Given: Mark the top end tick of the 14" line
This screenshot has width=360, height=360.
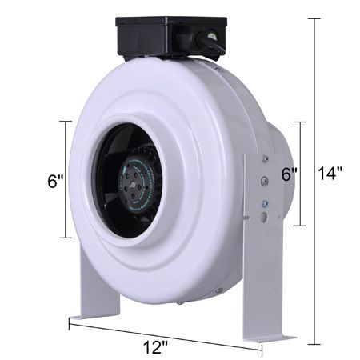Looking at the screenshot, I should [x=314, y=18].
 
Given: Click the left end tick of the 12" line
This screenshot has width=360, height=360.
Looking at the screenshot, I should [x=70, y=322].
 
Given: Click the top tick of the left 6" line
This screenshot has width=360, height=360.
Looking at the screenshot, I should [x=66, y=122].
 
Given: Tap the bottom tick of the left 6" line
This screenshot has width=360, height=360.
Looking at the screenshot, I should [x=66, y=238].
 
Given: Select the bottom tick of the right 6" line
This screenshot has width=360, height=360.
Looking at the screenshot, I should [x=300, y=226].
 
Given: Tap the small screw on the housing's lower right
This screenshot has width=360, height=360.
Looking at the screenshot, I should [x=219, y=290].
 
